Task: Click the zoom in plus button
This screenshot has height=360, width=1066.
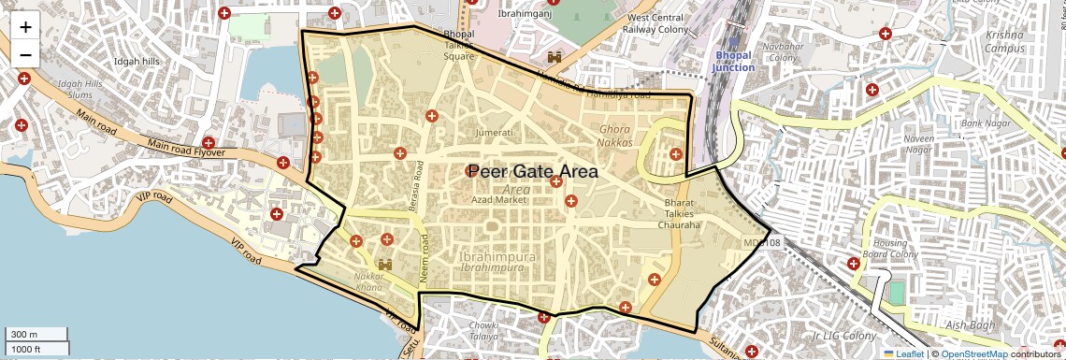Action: click(25, 27)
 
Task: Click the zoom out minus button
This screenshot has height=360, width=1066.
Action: click(25, 54)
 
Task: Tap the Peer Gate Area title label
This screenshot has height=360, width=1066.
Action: click(532, 171)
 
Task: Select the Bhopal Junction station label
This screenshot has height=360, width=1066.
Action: click(732, 62)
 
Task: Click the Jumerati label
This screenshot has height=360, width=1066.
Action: click(495, 133)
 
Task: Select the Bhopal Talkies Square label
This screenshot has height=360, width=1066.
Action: click(459, 45)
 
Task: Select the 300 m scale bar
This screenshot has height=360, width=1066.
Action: click(36, 335)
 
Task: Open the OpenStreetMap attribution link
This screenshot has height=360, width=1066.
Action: click(973, 353)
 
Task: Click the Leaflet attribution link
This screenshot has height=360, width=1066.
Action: click(903, 353)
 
